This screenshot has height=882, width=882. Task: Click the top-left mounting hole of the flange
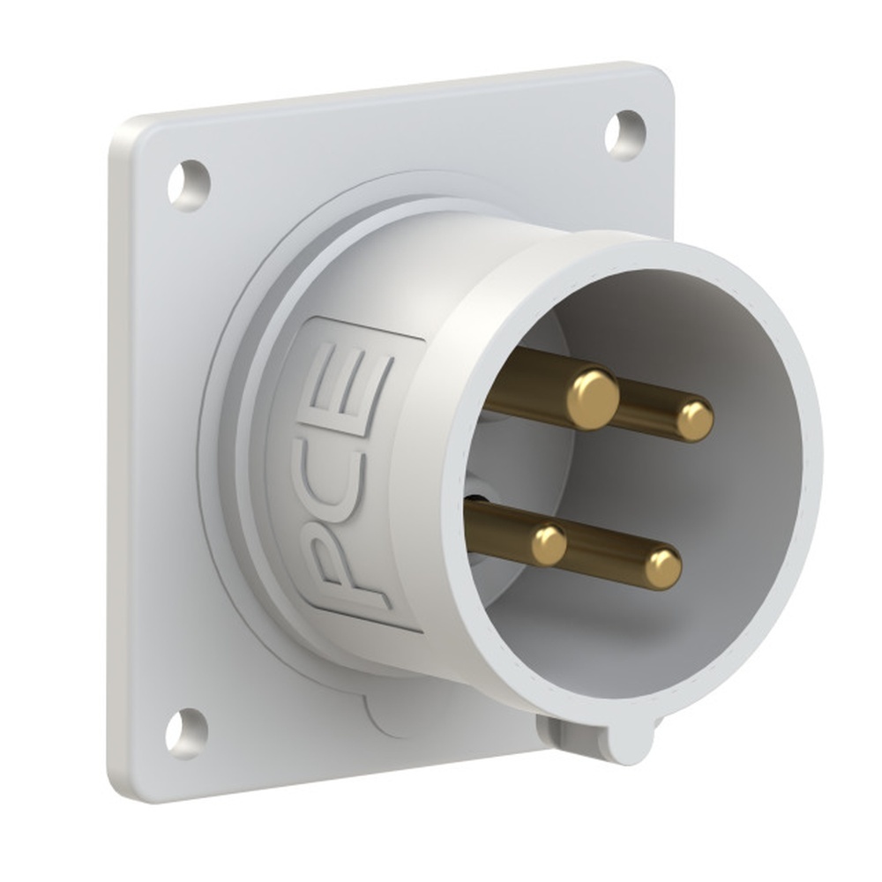click(189, 184)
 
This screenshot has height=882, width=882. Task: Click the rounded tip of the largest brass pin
click(592, 399)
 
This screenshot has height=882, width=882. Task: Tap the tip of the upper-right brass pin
click(695, 421)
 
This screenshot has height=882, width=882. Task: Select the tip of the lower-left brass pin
click(549, 545)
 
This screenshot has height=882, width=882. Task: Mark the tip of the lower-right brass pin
click(662, 569)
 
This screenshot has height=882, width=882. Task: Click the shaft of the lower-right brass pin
click(609, 556)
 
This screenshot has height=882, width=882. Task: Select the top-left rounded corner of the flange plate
click(123, 132)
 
